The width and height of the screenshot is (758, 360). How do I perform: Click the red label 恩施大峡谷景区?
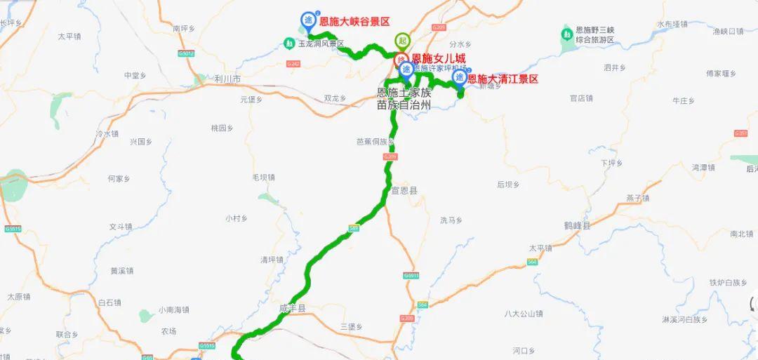[x=354, y=22]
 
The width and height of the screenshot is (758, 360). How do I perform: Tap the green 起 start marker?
[x=402, y=40]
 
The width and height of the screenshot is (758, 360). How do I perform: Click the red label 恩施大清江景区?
[x=503, y=79]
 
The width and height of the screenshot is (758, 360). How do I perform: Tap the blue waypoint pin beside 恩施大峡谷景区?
[x=307, y=20]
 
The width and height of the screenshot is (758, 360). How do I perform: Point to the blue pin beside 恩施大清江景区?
[x=459, y=76]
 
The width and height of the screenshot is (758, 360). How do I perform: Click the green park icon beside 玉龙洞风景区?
[x=289, y=44]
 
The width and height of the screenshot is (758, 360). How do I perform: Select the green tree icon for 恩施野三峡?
[x=566, y=33]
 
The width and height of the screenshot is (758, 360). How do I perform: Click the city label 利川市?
[x=229, y=79]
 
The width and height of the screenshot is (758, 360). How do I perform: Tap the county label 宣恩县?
[x=404, y=190]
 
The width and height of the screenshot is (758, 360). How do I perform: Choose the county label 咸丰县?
[x=293, y=308]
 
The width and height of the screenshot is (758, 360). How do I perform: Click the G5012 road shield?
[x=186, y=53]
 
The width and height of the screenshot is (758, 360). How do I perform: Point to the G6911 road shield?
[x=411, y=275]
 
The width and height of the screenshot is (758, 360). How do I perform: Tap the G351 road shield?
[x=740, y=133]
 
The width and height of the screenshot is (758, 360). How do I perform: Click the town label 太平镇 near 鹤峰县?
[x=541, y=248]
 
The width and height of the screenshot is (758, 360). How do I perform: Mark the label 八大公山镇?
[x=524, y=314]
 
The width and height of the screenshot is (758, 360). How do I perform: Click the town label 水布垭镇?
[x=672, y=24]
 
